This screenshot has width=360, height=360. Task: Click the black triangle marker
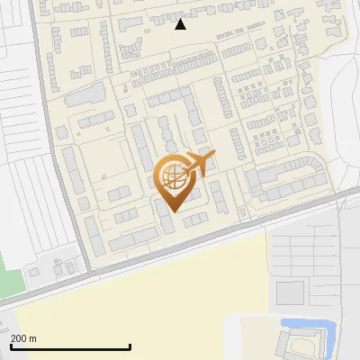181,24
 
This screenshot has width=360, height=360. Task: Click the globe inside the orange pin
171,177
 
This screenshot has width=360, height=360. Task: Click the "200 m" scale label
24,338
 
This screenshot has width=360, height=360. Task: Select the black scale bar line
70,346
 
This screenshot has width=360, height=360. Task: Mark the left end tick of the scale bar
11,346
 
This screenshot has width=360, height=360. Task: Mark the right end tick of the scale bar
130,346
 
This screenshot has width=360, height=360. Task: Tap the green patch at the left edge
7,271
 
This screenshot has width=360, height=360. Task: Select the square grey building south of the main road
290,292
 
